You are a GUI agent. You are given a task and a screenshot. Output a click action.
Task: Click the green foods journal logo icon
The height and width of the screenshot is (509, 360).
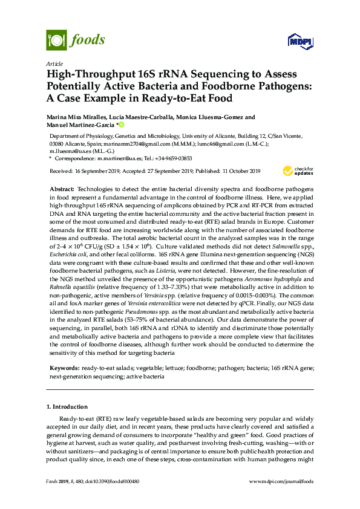point(56,41)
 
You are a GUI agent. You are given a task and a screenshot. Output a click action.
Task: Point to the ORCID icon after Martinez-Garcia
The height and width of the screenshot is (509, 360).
point(121,125)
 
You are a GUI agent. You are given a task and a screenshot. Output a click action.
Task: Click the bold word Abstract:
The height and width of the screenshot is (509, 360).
point(62,190)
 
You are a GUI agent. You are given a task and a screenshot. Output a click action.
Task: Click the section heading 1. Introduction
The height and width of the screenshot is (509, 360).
point(71,407)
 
